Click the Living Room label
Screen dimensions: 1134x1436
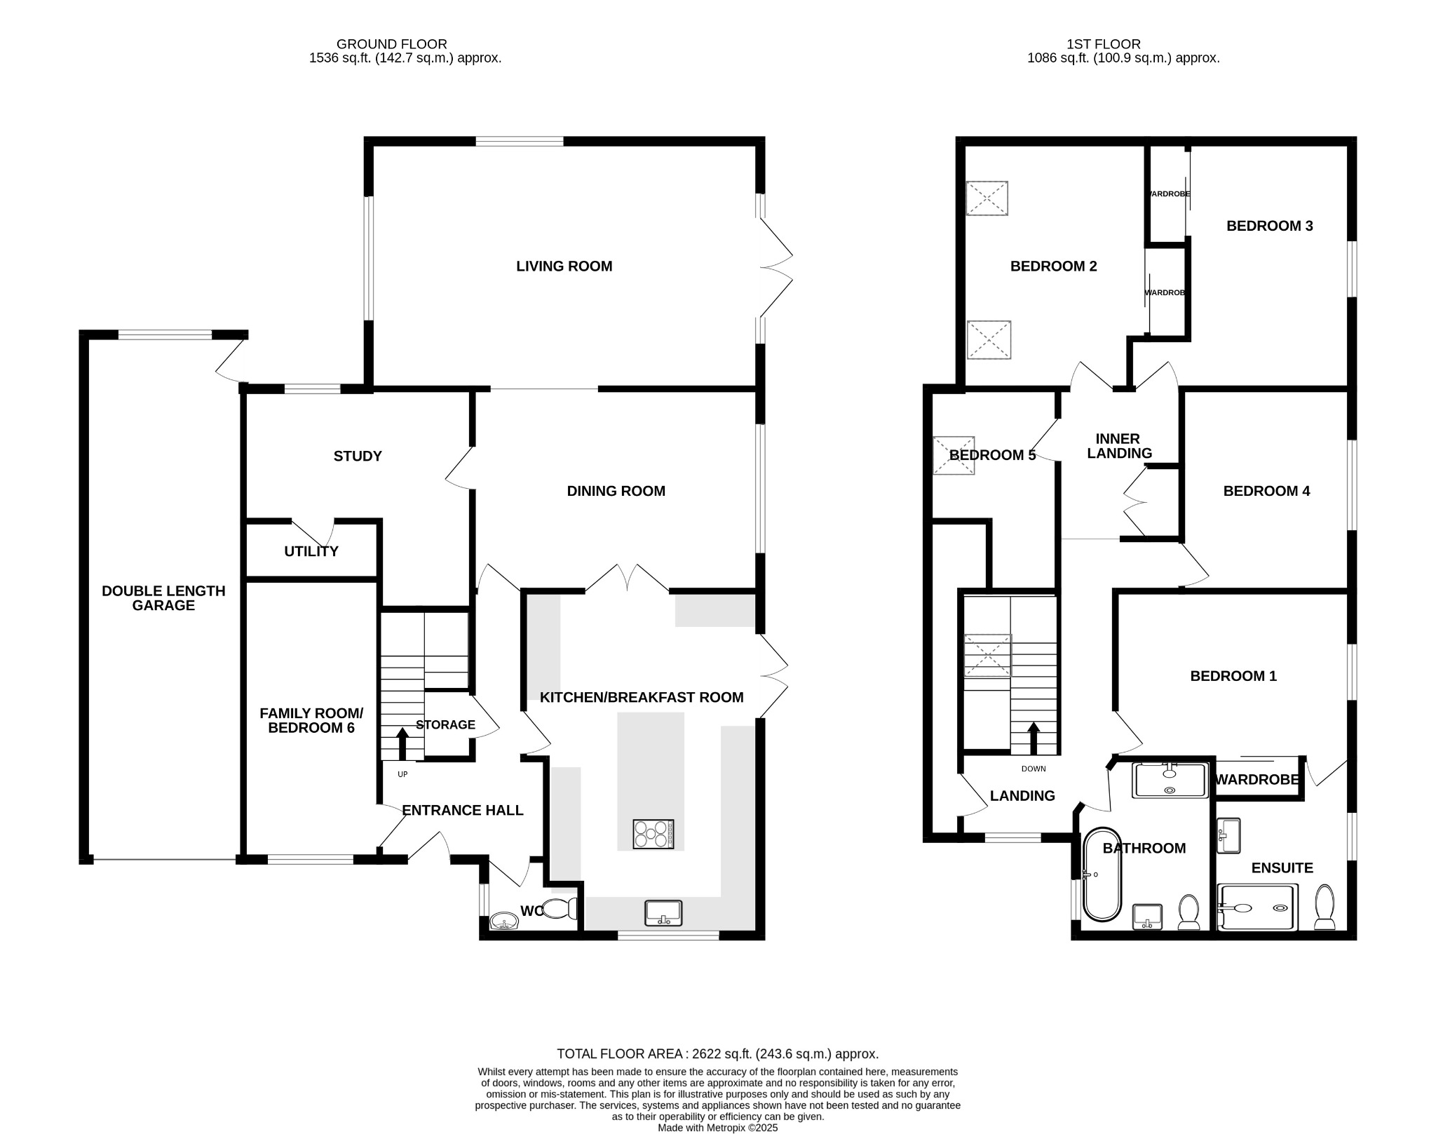click(564, 266)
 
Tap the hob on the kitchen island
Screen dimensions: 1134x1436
click(653, 834)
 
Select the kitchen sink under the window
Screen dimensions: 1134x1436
click(663, 912)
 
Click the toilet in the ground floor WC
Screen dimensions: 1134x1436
click(560, 909)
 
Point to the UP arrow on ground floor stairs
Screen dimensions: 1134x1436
click(402, 744)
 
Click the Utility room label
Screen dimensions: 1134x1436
click(311, 551)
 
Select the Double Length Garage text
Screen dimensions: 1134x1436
click(163, 598)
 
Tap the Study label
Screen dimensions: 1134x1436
click(358, 457)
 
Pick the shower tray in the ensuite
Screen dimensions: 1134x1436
click(1258, 907)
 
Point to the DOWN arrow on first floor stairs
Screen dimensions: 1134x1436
click(1034, 738)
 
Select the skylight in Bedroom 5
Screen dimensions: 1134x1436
click(954, 455)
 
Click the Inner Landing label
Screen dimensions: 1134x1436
click(1119, 446)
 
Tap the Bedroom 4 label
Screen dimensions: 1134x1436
click(1266, 492)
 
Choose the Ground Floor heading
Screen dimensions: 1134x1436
click(391, 44)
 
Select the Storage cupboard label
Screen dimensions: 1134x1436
click(446, 725)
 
